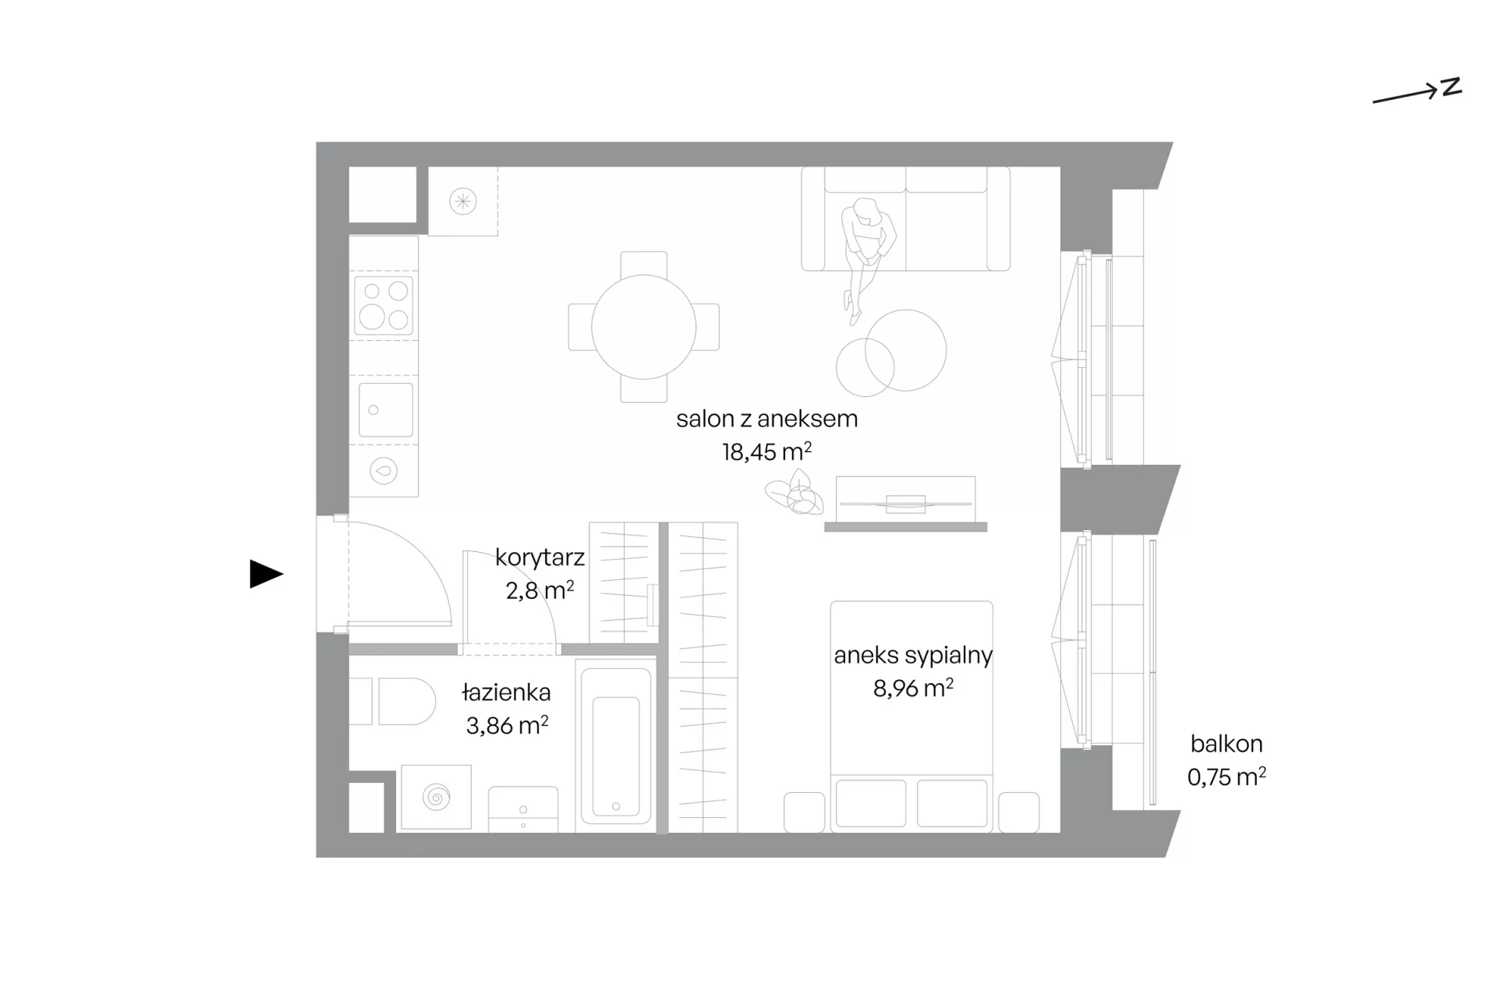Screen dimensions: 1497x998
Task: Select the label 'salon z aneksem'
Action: (766, 419)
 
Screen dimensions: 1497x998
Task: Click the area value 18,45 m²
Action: (766, 451)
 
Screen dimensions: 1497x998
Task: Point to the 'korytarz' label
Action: (540, 557)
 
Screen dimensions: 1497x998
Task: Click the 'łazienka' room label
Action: (506, 692)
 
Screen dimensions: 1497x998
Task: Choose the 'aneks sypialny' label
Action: (913, 656)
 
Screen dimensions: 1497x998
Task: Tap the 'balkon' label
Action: (1226, 744)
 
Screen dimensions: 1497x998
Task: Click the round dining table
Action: (643, 327)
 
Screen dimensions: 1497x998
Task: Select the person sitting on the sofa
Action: (865, 257)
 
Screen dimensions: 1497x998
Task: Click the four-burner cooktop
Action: (384, 305)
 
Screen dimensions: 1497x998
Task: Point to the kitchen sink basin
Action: (385, 409)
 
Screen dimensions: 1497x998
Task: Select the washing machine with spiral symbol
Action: (436, 797)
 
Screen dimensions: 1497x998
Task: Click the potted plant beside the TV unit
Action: (795, 494)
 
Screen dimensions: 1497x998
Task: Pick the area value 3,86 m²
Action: (507, 725)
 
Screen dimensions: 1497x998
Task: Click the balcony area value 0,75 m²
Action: (1226, 777)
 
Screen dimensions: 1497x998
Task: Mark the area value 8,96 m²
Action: (913, 688)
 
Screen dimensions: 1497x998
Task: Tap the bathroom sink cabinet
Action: (523, 809)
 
